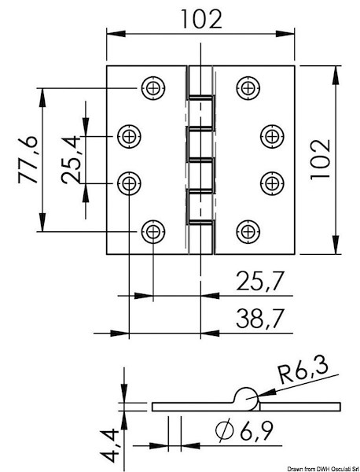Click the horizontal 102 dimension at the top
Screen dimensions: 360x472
click(x=201, y=19)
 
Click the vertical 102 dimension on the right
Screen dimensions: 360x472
click(x=320, y=160)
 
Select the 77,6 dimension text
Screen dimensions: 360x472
click(x=28, y=160)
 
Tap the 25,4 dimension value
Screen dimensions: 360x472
click(x=71, y=160)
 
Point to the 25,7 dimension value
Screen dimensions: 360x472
click(x=259, y=281)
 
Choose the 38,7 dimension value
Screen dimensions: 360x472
click(x=259, y=318)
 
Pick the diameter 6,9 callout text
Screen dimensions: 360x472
click(x=244, y=430)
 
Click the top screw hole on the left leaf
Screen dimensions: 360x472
click(x=153, y=88)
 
